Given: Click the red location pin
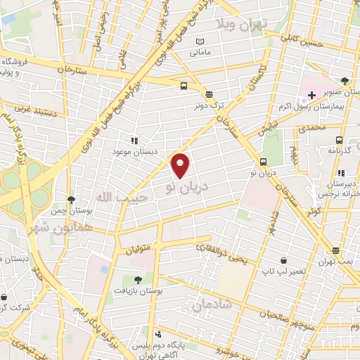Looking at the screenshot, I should [181, 165].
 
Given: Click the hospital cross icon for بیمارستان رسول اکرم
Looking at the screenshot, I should [311, 95].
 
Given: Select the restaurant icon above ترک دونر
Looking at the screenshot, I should [208, 94].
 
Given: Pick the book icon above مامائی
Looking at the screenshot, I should [199, 41].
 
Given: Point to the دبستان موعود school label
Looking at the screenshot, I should [134, 151].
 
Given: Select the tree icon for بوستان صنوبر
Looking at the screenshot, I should [344, 81].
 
